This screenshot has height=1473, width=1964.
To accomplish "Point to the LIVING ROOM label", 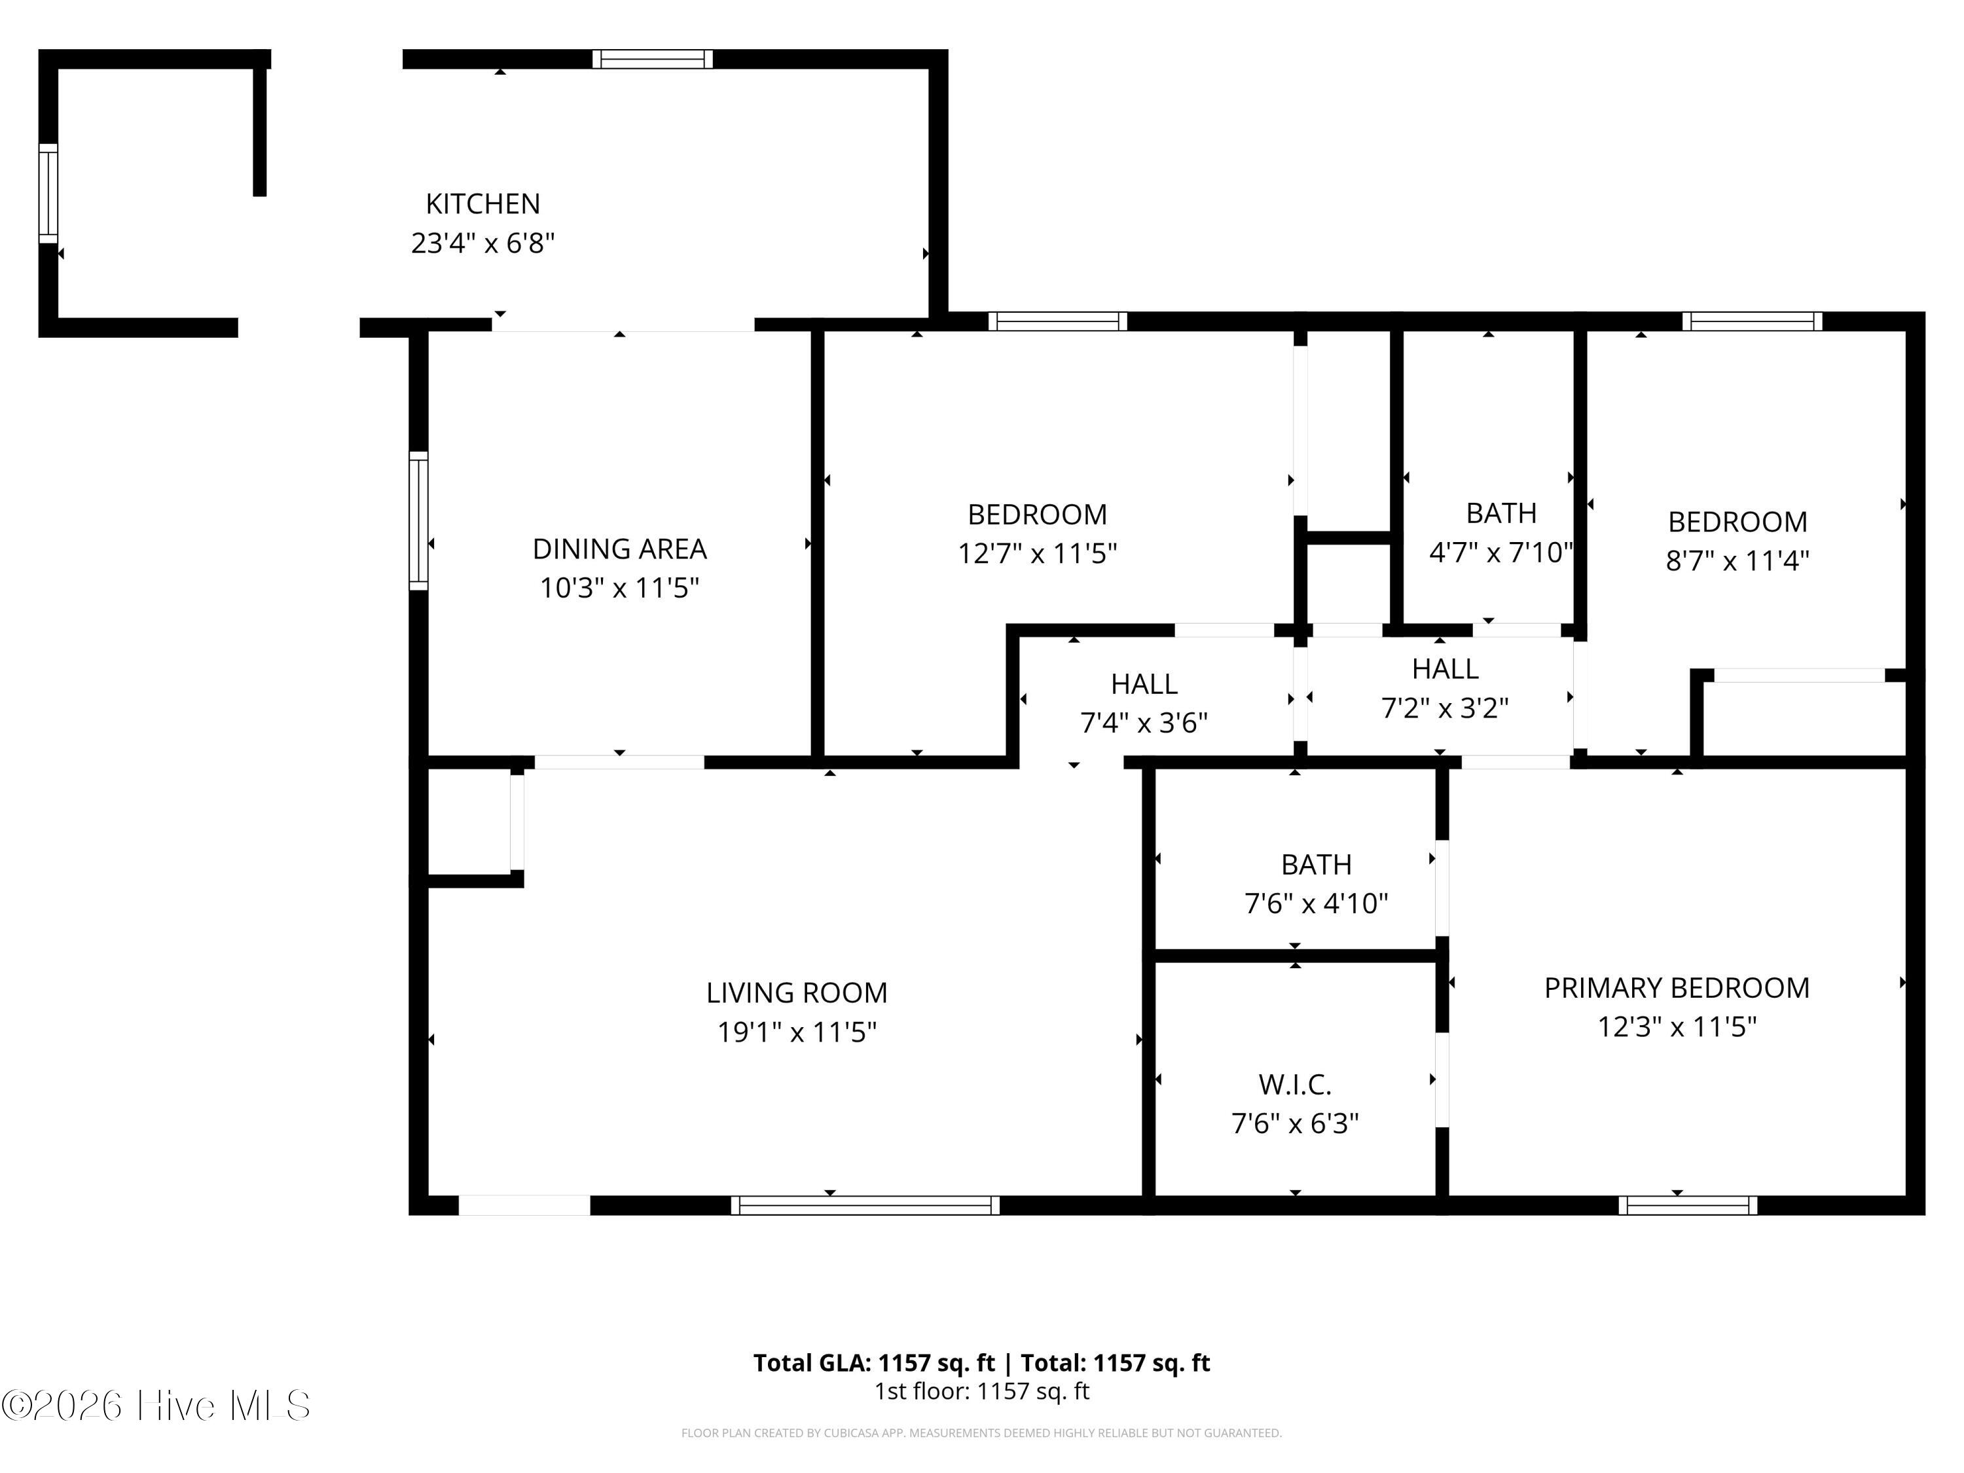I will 797,992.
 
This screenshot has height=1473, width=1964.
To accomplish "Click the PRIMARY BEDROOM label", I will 1677,987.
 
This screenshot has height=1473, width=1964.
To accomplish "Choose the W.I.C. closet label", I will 1294,1084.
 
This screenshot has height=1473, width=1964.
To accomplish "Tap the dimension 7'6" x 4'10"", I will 1316,904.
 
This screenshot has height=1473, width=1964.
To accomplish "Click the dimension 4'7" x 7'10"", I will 1500,553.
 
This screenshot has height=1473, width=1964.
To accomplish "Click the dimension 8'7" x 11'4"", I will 1737,561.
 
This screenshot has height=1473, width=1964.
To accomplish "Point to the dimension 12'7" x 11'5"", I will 1036,554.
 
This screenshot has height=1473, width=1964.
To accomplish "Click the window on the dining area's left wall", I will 418,520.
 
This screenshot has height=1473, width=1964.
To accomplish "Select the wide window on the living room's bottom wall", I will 865,1205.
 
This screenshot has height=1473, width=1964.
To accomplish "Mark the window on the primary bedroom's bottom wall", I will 1687,1205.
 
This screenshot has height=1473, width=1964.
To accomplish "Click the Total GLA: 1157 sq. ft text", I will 874,1363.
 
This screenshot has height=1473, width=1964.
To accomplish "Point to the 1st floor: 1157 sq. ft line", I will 981,1391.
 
